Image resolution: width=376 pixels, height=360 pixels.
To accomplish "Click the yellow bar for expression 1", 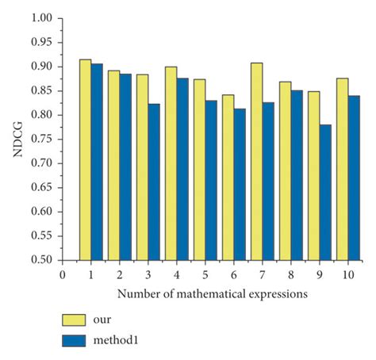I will coord(85,159).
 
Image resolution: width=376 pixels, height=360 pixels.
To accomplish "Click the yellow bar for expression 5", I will coord(199,170).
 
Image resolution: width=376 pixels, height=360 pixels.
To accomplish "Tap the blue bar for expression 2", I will coord(125,167).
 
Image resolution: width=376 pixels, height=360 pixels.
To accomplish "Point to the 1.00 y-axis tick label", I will coord(40,18).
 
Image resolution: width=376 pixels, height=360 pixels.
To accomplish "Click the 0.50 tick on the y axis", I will coord(40,260).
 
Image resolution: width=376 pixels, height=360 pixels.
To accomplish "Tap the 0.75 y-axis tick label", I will coord(40,140).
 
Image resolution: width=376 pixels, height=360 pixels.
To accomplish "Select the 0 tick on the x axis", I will coord(62,274).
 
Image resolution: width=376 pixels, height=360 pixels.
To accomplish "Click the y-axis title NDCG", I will coord(17,140).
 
